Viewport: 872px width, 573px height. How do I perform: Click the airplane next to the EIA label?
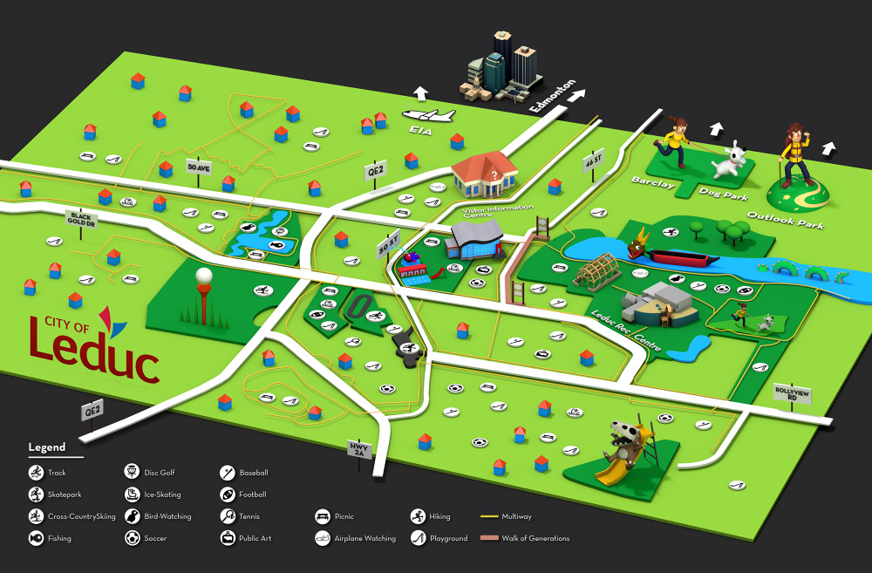point(428,115)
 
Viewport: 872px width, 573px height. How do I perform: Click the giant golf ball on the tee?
point(203,278)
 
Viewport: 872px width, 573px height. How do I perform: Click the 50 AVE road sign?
point(199,167)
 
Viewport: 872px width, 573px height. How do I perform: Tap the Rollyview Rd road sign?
point(792,393)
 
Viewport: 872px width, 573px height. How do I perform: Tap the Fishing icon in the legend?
point(36,538)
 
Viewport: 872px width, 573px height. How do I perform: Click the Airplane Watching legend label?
point(364,538)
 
